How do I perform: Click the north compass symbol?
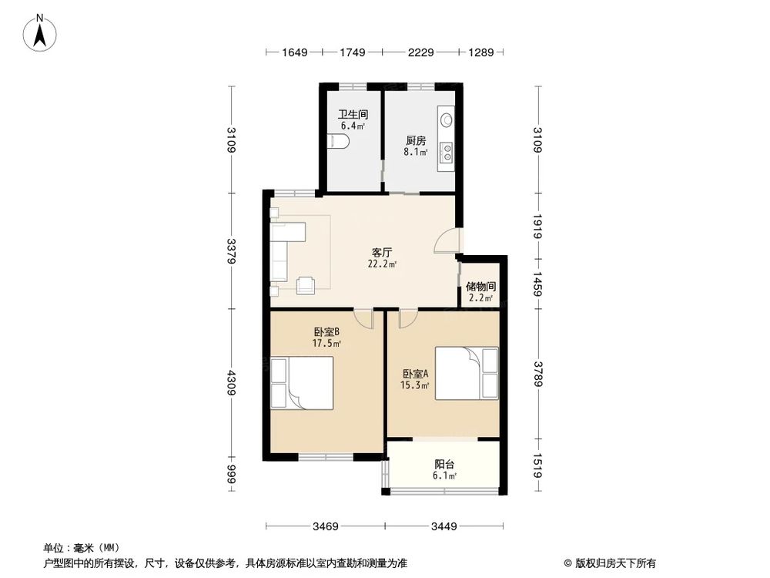point(40,32)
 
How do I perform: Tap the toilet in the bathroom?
point(339,142)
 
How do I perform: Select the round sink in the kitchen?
point(446,119)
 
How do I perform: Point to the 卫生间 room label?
point(353,115)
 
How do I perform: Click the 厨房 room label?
point(416,140)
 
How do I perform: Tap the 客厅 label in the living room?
point(382,253)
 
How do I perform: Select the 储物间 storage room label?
point(480,287)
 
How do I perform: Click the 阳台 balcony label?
point(444,464)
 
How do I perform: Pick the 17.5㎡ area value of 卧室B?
point(326,343)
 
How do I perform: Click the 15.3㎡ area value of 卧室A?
point(414,385)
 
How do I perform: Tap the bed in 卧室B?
point(302,383)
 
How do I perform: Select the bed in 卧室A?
point(467,373)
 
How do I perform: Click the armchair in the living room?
point(306,285)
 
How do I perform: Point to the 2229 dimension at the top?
point(420,52)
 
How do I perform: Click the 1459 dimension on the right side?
point(538,284)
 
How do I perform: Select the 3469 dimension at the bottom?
point(326,526)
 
